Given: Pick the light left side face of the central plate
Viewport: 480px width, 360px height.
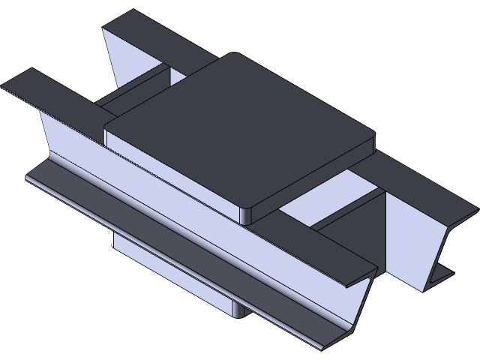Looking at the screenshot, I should [172, 172].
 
